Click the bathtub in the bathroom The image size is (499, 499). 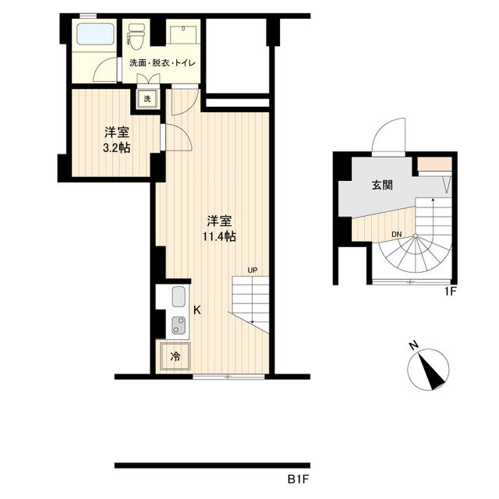pyautogui.click(x=95, y=34)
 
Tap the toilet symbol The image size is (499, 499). pyautogui.click(x=136, y=37)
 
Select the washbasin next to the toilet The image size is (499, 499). pyautogui.click(x=183, y=35)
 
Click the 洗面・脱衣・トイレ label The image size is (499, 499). pyautogui.click(x=162, y=63)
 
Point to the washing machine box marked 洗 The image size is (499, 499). pyautogui.click(x=147, y=99)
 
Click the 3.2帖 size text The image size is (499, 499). pyautogui.click(x=117, y=148)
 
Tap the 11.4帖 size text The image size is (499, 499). pyautogui.click(x=220, y=236)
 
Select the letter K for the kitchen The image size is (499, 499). pyautogui.click(x=197, y=310)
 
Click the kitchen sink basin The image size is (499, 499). pyautogui.click(x=179, y=296)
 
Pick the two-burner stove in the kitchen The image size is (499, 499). pyautogui.click(x=179, y=325)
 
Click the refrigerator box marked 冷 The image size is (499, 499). pyautogui.click(x=175, y=357)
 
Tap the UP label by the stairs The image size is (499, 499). pyautogui.click(x=253, y=271)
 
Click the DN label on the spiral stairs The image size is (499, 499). pyautogui.click(x=397, y=235)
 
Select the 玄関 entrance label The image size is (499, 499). pyautogui.click(x=382, y=185)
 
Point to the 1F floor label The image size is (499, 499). pyautogui.click(x=451, y=292)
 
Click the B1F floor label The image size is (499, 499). pyautogui.click(x=299, y=479)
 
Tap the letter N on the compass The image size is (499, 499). pyautogui.click(x=414, y=345)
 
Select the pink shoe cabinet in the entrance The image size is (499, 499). pyautogui.click(x=435, y=165)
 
